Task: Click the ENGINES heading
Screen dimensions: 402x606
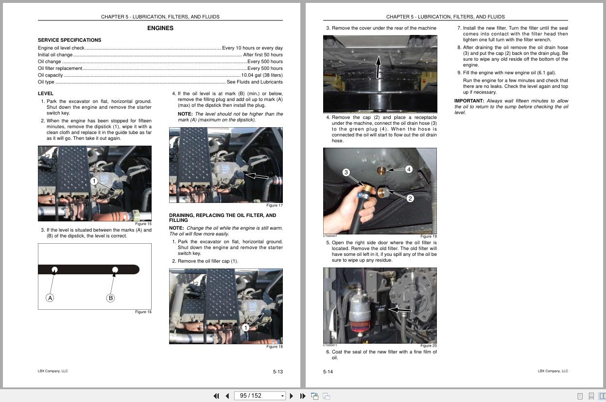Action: pyautogui.click(x=160, y=28)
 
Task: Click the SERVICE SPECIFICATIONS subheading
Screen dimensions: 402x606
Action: pyautogui.click(x=69, y=40)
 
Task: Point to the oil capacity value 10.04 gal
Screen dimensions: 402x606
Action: pyautogui.click(x=261, y=75)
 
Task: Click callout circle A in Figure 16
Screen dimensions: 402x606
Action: pyautogui.click(x=50, y=298)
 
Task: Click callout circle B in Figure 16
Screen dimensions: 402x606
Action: pyautogui.click(x=110, y=298)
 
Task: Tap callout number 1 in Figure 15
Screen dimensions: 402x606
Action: pyautogui.click(x=94, y=181)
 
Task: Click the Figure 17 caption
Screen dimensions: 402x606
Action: pyautogui.click(x=274, y=205)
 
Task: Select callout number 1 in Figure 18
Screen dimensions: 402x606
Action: pyautogui.click(x=245, y=328)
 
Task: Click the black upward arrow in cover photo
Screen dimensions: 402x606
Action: pyautogui.click(x=378, y=67)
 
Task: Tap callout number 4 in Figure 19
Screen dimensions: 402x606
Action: pyautogui.click(x=409, y=169)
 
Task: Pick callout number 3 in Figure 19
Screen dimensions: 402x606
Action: pyautogui.click(x=346, y=172)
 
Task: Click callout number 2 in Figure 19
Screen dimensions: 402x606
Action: pyautogui.click(x=410, y=198)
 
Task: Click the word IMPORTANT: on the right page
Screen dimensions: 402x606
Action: pyautogui.click(x=469, y=101)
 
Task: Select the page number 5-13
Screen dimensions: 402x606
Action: pyautogui.click(x=277, y=372)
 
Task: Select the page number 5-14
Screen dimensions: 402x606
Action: pyautogui.click(x=328, y=372)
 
